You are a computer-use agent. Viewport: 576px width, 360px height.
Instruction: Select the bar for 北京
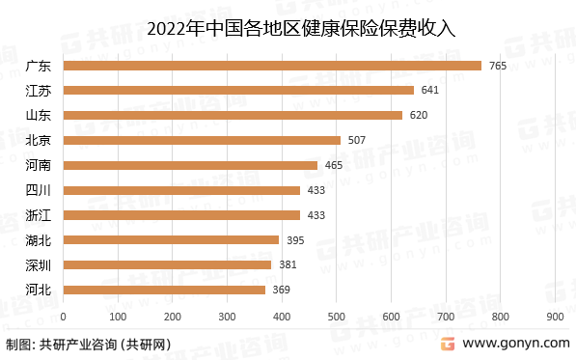point(202,140)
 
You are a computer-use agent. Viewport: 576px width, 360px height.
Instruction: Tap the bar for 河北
point(164,290)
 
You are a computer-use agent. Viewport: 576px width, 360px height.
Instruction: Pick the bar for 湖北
point(171,239)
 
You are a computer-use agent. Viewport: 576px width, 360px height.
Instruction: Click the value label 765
point(498,66)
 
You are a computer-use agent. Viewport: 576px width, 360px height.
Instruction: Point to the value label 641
point(430,90)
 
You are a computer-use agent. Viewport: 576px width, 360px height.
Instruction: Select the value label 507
point(357,140)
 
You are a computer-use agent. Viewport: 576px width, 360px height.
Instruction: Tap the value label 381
point(288,264)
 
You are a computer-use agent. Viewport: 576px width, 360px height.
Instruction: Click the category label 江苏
point(39,90)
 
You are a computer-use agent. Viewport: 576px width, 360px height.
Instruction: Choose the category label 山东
point(39,115)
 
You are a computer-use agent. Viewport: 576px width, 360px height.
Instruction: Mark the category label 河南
point(39,165)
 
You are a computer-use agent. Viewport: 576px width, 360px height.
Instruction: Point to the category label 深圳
point(39,264)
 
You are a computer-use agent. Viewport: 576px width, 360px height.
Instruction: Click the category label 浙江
point(39,214)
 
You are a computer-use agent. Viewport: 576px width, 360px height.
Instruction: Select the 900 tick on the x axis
point(555,316)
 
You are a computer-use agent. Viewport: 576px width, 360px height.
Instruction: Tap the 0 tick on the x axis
point(63,316)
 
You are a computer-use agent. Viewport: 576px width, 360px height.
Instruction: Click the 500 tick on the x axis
point(337,316)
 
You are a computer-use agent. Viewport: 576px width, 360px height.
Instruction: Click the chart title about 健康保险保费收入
point(288,30)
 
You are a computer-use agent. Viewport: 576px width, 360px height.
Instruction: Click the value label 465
point(334,165)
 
